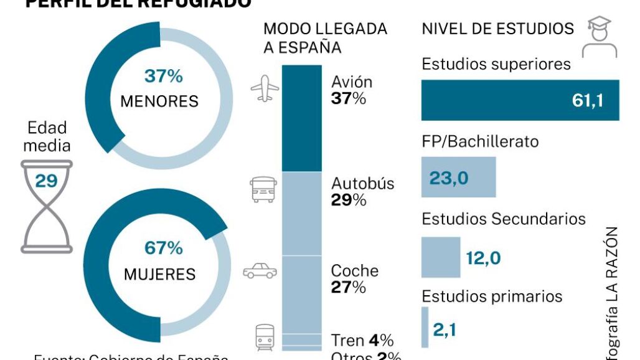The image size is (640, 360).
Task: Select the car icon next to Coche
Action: point(260,271)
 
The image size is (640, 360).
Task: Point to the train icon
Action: point(265,339)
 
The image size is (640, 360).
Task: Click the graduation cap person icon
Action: point(599,37)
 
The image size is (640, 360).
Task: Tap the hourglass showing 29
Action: point(46,206)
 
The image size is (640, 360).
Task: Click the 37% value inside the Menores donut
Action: point(164,77)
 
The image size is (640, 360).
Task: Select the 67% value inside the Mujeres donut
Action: point(164,248)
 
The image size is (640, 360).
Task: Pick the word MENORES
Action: point(159,101)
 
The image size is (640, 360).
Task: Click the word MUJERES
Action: point(159,274)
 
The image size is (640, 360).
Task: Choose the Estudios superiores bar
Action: point(520,100)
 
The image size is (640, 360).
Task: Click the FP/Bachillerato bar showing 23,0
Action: point(458,177)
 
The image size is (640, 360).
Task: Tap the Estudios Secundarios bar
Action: point(441,257)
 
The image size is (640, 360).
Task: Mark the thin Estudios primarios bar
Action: point(425,327)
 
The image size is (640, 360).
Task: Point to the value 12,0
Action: point(483,258)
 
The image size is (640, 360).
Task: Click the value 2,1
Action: point(445,329)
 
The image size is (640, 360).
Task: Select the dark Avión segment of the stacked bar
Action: point(302,118)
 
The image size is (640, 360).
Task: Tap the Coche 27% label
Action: point(354,278)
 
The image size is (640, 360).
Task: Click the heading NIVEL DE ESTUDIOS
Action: point(498,29)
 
